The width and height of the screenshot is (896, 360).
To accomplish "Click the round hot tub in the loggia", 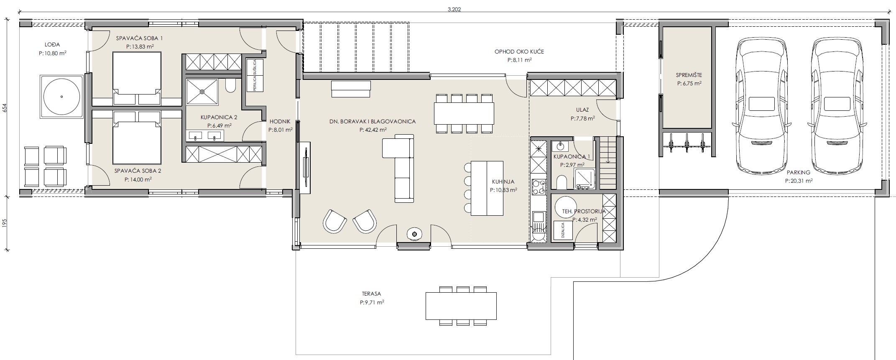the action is [62, 97].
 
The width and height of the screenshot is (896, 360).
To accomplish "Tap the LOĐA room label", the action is [52, 44].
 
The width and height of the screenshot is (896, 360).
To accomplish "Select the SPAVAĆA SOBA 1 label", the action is [139, 38].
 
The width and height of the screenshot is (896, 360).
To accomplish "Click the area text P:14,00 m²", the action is [138, 179].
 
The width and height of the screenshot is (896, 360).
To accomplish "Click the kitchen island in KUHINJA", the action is [487, 188].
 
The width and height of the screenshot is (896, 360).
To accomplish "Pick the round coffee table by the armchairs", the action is [415, 234].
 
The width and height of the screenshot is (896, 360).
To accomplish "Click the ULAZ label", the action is [582, 110].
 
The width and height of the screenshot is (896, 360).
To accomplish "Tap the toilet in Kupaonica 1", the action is [562, 182].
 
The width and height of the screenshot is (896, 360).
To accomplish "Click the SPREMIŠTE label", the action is [689, 75].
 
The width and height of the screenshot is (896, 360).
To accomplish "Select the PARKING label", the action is [798, 172].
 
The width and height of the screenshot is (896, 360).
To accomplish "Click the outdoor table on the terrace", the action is [461, 306].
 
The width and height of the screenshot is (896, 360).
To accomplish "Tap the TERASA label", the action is [372, 294].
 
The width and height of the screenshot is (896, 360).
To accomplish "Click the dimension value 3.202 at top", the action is [454, 9].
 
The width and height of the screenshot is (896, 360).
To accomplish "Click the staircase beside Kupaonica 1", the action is [608, 163].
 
